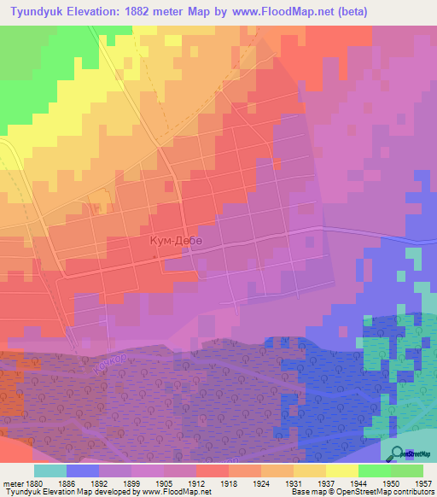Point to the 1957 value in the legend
424,482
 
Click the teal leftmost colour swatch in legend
50,471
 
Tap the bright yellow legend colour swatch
341,471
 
